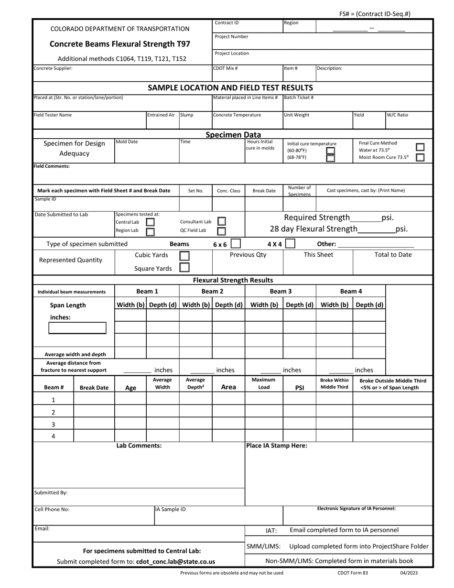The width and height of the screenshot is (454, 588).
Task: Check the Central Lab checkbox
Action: (x=150, y=222)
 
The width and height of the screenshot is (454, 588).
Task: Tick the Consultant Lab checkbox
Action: (x=221, y=221)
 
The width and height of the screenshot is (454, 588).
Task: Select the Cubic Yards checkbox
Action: (x=184, y=256)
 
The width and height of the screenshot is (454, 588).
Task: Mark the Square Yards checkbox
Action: (x=184, y=268)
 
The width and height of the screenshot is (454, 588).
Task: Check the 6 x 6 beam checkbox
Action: (x=236, y=244)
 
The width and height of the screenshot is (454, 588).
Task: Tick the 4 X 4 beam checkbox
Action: (x=290, y=244)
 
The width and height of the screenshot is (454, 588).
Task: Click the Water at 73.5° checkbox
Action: (x=420, y=147)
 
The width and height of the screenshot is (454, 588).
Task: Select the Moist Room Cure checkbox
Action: (x=420, y=157)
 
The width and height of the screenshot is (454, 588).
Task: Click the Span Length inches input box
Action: (x=77, y=328)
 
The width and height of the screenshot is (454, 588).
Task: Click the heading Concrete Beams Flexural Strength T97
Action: (x=120, y=44)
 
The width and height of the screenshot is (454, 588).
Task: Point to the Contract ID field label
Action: (x=227, y=23)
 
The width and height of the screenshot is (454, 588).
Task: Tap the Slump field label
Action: (x=187, y=115)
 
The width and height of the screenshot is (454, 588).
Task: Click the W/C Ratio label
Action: (x=398, y=115)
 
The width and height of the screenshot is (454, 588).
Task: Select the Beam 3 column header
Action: (x=281, y=291)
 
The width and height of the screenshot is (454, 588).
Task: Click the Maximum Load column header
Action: (x=264, y=384)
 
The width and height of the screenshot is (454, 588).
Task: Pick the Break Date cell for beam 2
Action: (x=94, y=412)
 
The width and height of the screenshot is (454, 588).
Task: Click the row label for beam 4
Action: (x=53, y=436)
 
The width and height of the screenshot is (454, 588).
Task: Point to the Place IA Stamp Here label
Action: (x=277, y=446)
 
